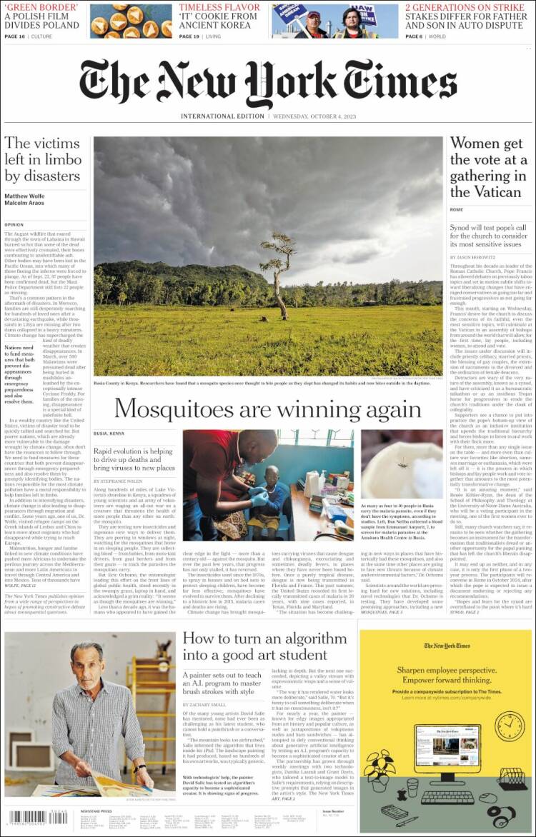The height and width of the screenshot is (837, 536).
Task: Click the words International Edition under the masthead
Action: pos(222,116)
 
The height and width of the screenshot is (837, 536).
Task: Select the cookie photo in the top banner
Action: pos(131,21)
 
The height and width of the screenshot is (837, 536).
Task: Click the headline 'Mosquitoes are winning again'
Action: pos(267,409)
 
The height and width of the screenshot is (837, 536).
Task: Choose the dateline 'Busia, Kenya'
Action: pos(109,433)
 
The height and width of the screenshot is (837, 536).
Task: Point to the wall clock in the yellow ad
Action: pos(509,726)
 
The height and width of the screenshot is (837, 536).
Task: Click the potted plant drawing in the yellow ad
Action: pos(380,775)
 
